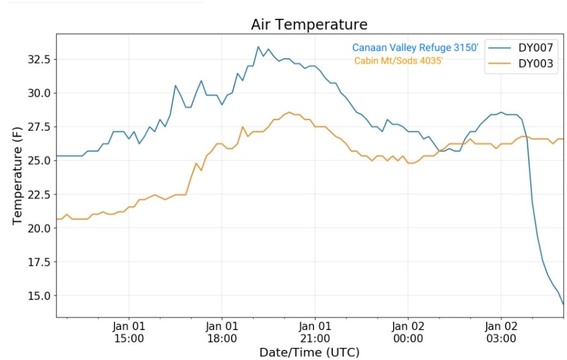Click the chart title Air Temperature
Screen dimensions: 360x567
309,25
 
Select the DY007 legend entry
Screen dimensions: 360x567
535,47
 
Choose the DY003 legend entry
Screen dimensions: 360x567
535,64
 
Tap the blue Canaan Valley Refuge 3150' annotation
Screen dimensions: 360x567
415,48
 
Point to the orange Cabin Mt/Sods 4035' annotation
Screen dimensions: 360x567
399,61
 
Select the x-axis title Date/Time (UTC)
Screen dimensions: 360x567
309,352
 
